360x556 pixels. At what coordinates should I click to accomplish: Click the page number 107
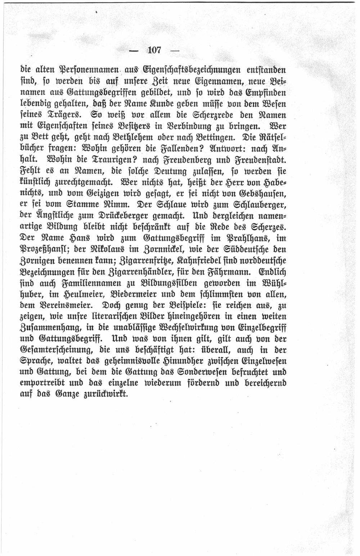(x=154, y=50)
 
